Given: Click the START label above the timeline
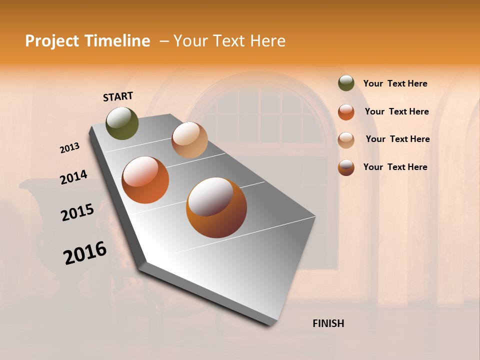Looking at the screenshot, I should tap(118, 96).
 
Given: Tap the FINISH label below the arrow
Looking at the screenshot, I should tap(328, 323).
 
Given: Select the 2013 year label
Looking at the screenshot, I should tap(70, 148).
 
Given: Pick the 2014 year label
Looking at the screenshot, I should tap(74, 177).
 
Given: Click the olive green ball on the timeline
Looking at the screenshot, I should tap(122, 123).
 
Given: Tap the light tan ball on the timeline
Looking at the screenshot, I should tap(189, 140).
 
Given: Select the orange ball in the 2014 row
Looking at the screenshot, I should tap(145, 180).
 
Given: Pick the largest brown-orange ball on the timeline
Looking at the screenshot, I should tap(216, 207).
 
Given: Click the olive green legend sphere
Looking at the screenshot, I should tap(346, 83).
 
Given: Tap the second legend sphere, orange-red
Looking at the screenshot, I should tap(346, 112).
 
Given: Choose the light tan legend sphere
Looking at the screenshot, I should tap(346, 140).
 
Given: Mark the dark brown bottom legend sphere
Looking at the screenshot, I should tap(346, 167).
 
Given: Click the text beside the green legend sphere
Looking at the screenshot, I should tap(395, 83).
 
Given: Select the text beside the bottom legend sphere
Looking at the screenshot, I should tap(395, 167).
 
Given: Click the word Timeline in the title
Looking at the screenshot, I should tap(117, 41).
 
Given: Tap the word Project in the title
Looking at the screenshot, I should tap(52, 41).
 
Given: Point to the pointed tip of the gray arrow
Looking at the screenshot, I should tap(272, 324).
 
